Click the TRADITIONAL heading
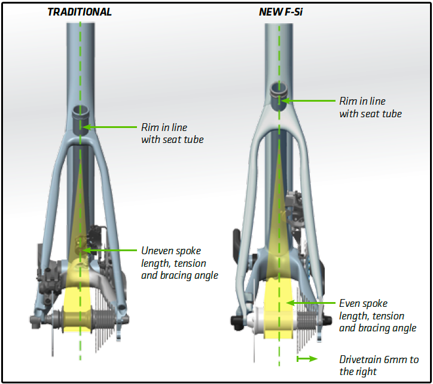[x=80, y=12]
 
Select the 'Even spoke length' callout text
[x=371, y=315]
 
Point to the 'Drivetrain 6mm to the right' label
[x=379, y=365]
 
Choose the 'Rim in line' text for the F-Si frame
[x=370, y=108]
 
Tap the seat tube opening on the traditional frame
[x=80, y=111]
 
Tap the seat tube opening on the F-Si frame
[x=278, y=89]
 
